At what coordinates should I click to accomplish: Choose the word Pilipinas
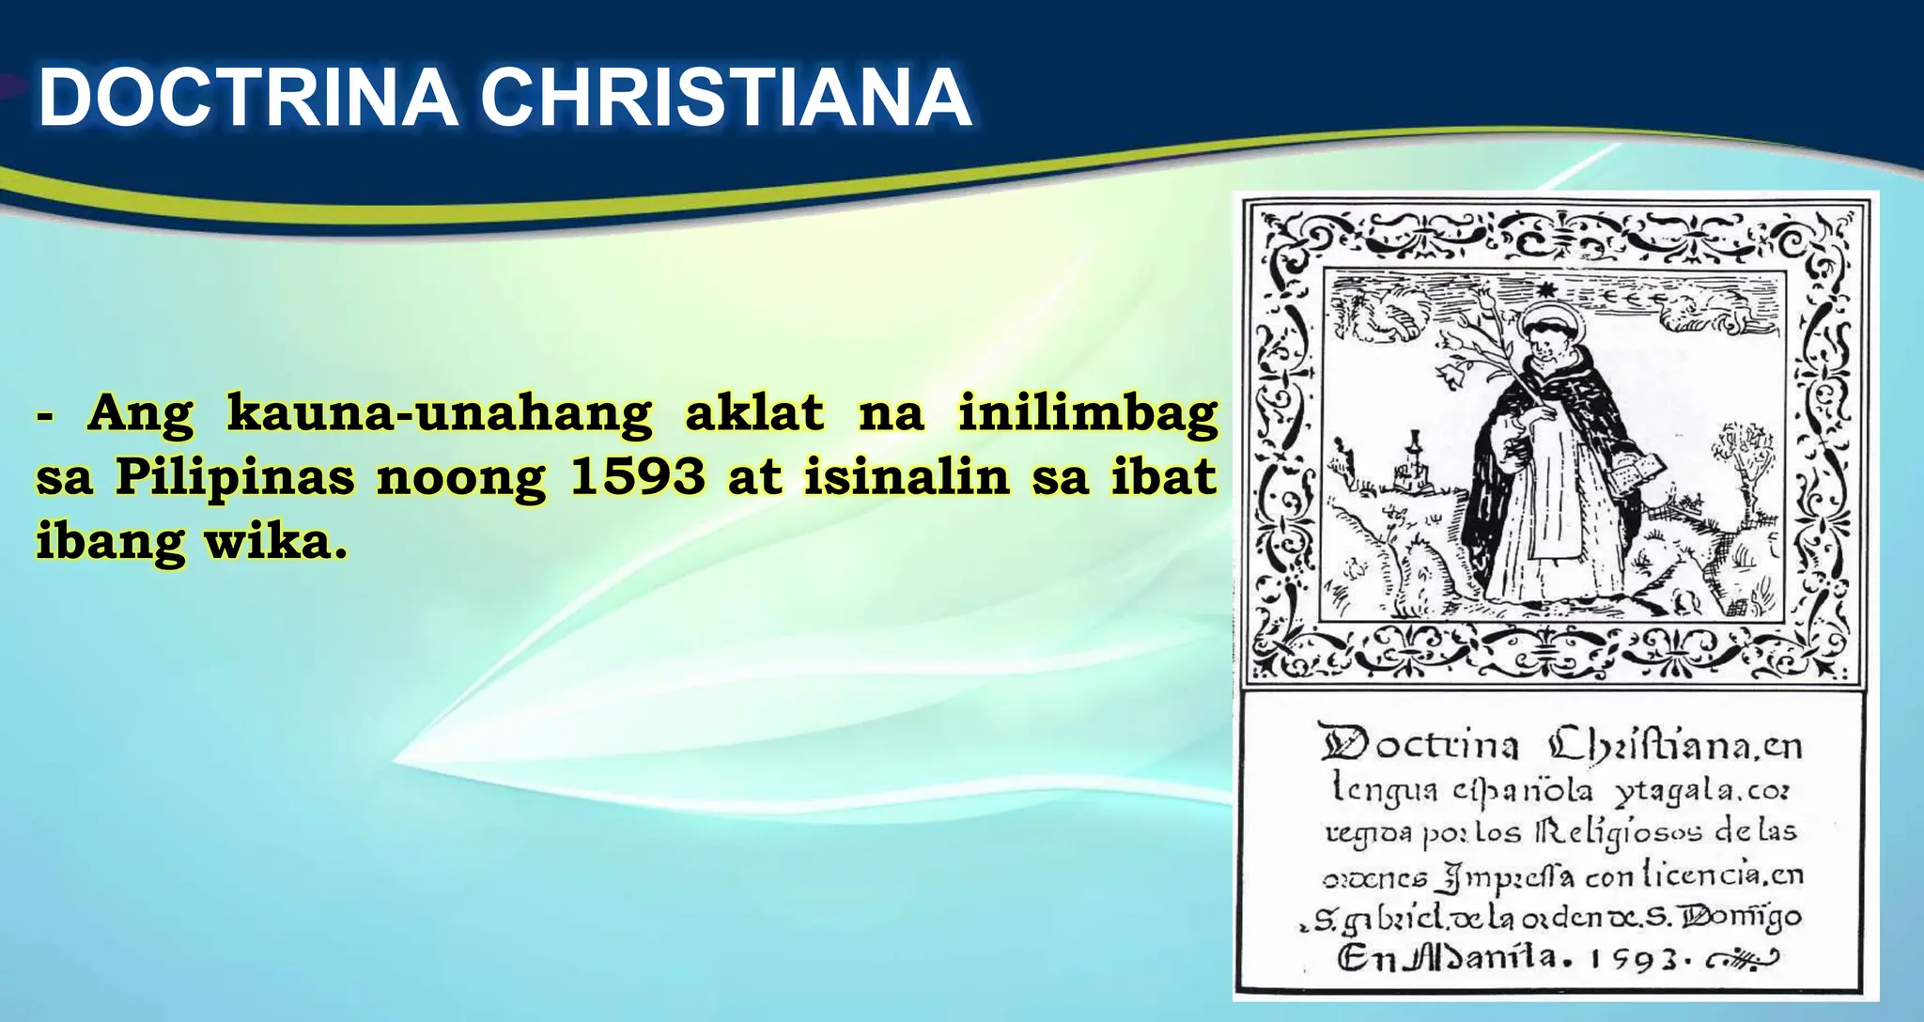point(235,477)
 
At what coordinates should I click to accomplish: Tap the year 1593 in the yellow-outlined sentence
point(637,477)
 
